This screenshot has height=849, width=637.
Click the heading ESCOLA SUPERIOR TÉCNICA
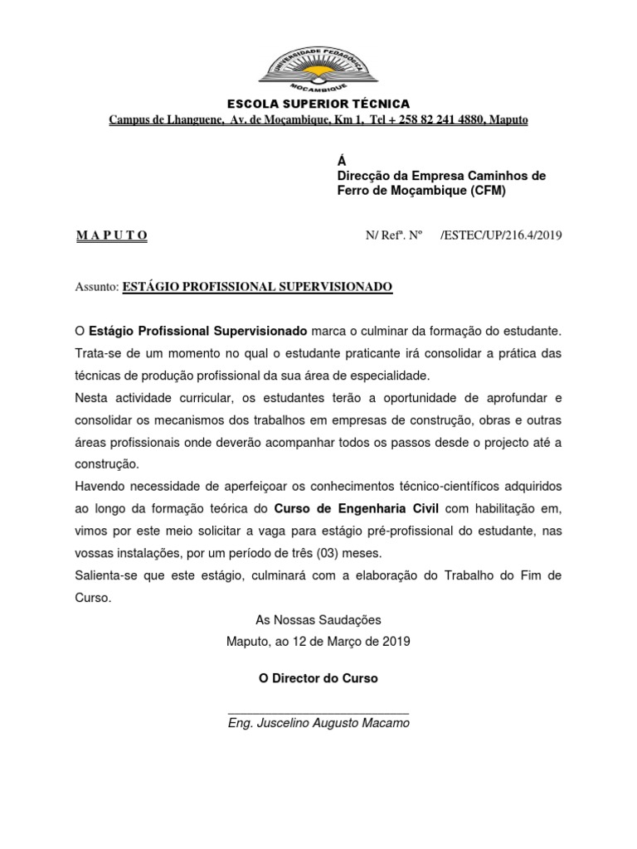318,104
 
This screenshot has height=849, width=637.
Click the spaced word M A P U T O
111,235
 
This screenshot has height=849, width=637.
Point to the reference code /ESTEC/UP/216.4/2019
503,235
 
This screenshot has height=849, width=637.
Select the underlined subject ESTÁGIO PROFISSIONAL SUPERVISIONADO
257,287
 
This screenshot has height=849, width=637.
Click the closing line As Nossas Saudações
318,619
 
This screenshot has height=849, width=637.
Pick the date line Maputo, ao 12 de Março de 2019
318,642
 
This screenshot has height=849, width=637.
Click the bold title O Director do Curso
318,678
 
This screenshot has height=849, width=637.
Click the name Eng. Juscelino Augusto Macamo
318,723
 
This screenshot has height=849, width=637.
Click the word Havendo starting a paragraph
99,486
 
